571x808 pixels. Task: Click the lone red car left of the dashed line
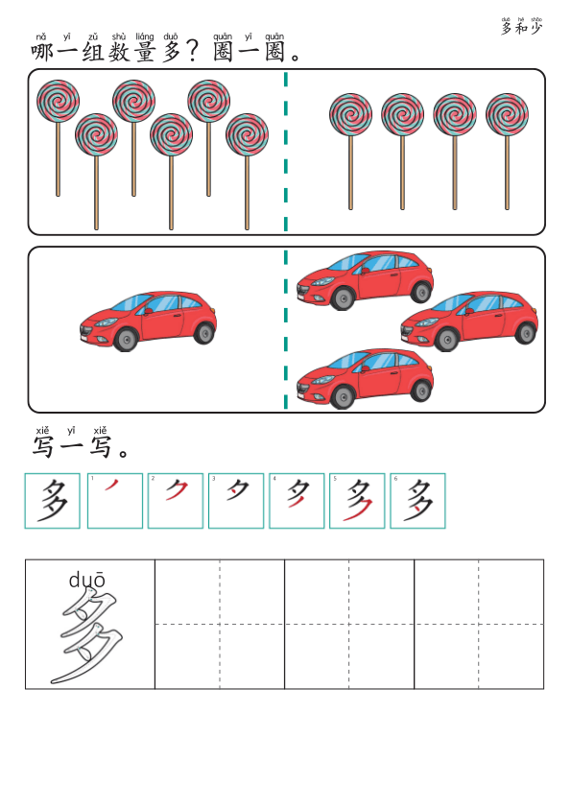148,320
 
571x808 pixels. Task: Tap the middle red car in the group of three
469,321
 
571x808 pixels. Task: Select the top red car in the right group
365,279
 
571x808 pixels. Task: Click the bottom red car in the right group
365,378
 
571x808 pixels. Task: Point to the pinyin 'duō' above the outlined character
87,580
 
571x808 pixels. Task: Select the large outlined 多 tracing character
89,637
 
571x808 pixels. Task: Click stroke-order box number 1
115,500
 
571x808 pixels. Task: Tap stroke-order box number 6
417,500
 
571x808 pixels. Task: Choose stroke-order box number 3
236,500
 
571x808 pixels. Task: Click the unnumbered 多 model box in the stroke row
53,500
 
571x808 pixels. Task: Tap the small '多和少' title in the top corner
521,28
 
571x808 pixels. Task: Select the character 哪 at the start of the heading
42,52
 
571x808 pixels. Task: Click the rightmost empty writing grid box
479,624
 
